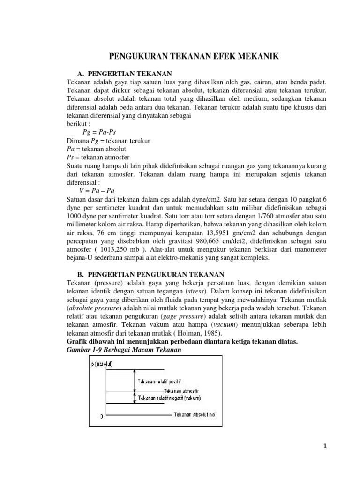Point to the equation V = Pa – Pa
pos(97,191)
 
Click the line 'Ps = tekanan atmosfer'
pos(98,157)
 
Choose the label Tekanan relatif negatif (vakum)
pos(169,398)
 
